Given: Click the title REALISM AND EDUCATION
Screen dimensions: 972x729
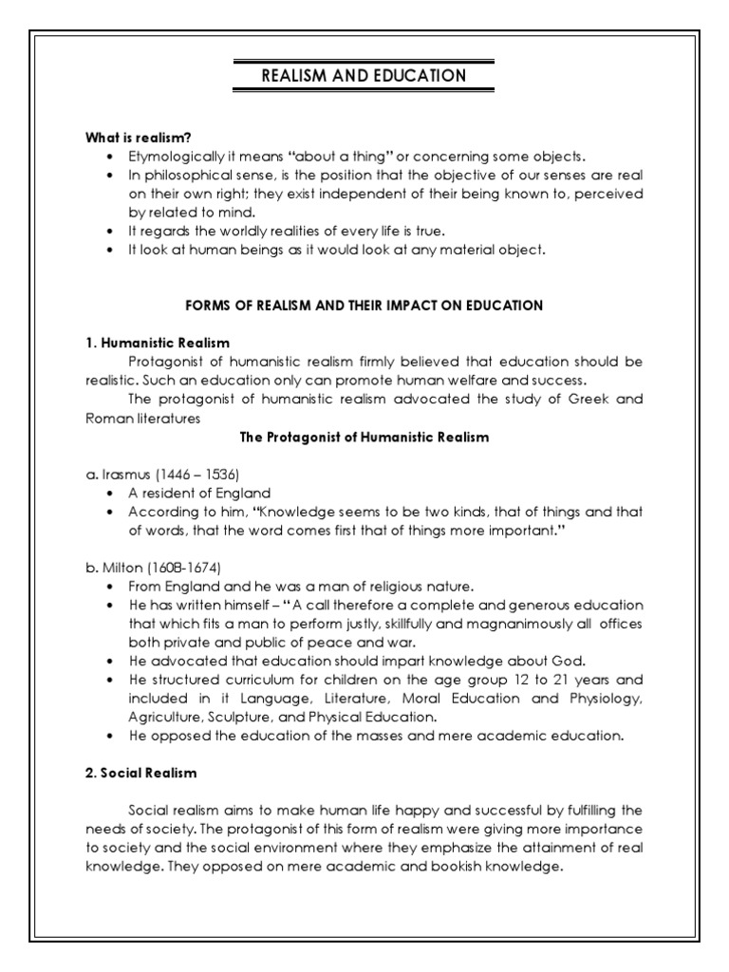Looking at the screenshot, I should pos(364,77).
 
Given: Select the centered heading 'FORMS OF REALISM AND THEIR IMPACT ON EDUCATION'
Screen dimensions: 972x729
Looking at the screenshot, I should pos(364,306).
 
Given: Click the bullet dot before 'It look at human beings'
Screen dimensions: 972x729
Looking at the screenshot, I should pos(113,251).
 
